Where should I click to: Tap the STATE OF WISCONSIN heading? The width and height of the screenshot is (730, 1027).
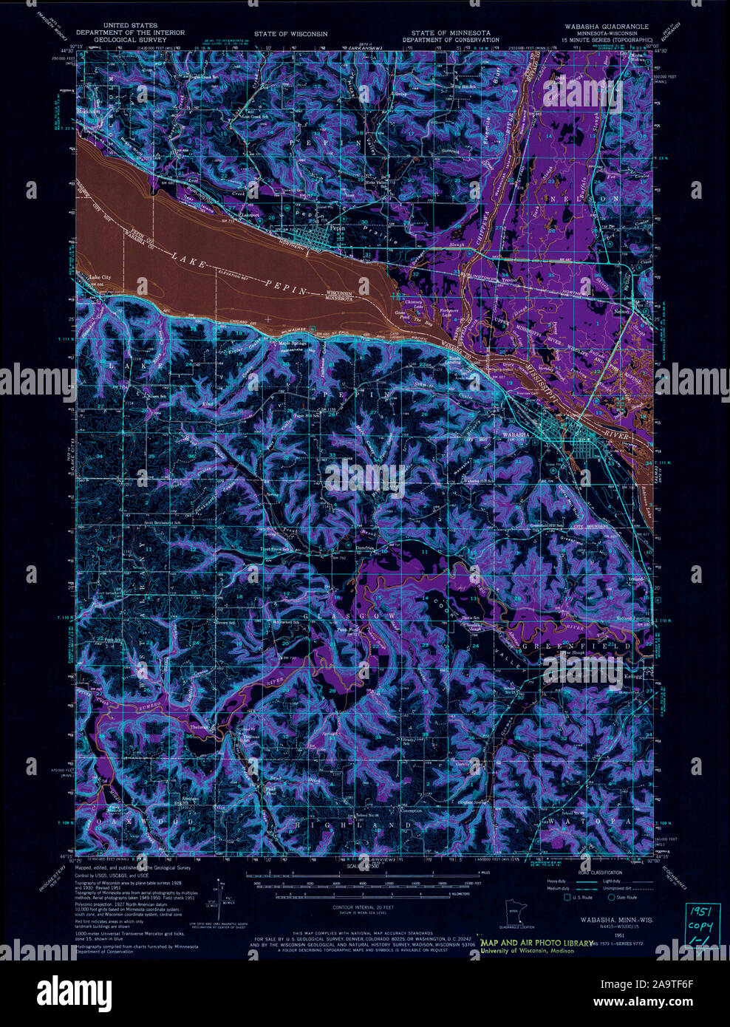tap(290, 34)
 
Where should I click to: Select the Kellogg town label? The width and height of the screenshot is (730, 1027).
tap(632, 676)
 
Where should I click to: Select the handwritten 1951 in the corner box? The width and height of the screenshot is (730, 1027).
tap(699, 910)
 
